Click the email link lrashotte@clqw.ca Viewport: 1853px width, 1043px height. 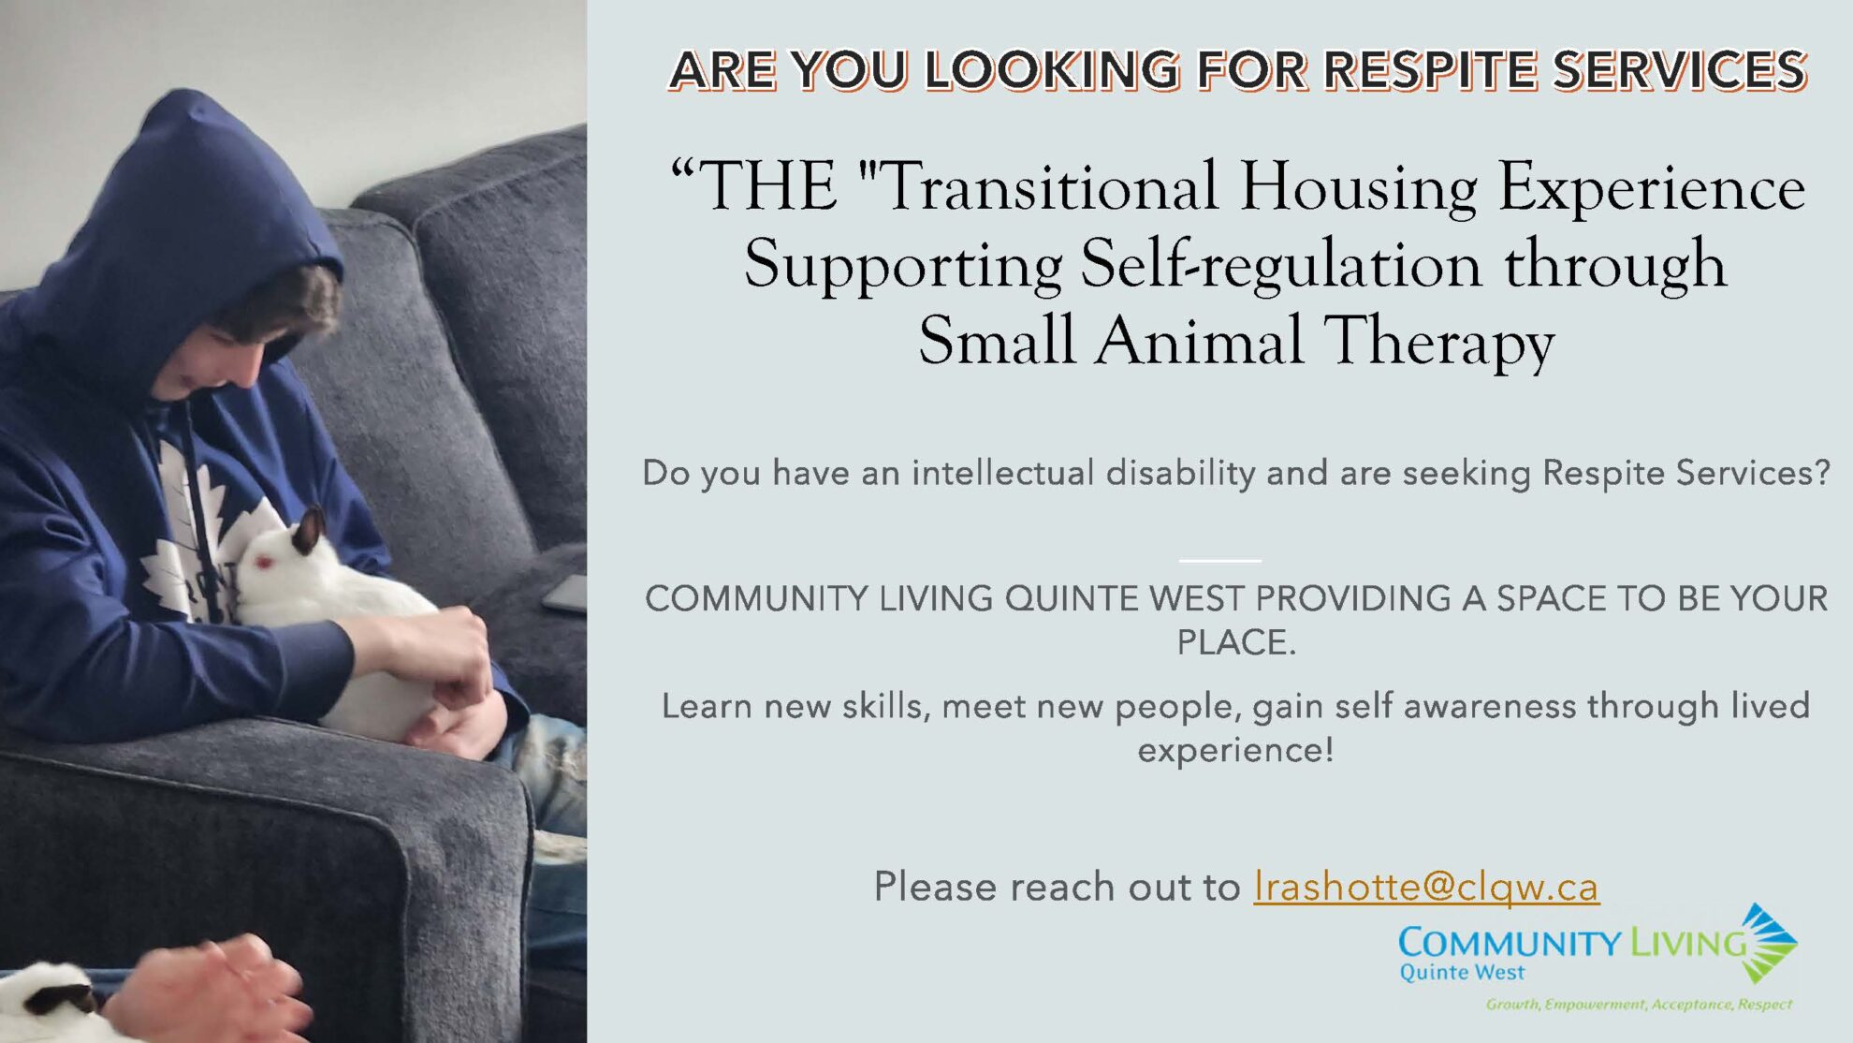[x=1426, y=887]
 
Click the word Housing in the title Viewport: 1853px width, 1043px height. [x=1359, y=186]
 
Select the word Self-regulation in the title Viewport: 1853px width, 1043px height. [x=1281, y=264]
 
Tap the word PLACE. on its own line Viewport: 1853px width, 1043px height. [x=1236, y=643]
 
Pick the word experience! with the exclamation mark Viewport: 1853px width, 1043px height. [x=1235, y=750]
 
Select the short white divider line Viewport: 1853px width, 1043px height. [x=1219, y=561]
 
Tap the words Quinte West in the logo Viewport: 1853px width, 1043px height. [x=1462, y=973]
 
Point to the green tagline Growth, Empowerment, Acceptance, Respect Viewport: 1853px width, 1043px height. [x=1639, y=1005]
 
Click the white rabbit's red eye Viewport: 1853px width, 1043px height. [x=264, y=562]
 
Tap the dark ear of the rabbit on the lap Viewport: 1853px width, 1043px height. [x=308, y=530]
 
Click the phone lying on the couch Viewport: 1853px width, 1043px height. [x=565, y=595]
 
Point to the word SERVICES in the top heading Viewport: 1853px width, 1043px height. [x=1680, y=70]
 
